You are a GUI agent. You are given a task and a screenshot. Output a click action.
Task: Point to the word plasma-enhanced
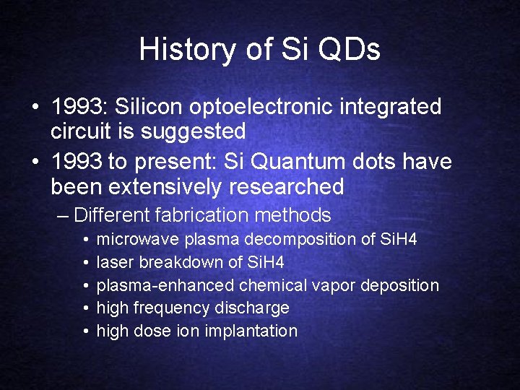pyautogui.click(x=165, y=285)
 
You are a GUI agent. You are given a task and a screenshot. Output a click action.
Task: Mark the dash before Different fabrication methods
pyautogui.click(x=63, y=216)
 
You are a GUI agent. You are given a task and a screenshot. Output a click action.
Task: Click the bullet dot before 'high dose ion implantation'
pyautogui.click(x=85, y=331)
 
